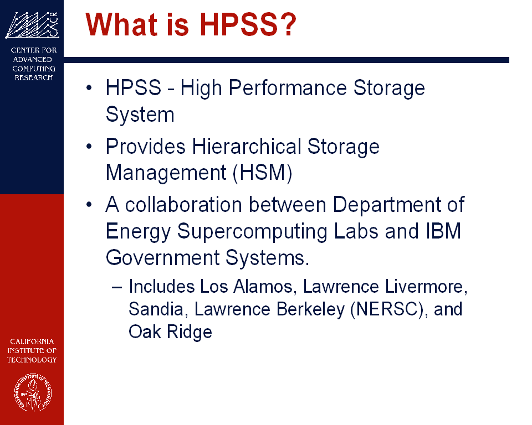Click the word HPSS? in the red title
tap(248, 24)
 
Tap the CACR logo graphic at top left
tap(32, 25)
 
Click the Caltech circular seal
tap(33, 392)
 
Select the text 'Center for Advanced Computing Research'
tap(34, 64)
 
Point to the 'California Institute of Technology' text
tap(32, 350)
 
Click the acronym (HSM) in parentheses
tap(262, 173)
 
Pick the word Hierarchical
tap(246, 147)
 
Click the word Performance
tap(288, 88)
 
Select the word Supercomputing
tap(252, 232)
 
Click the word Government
tap(163, 258)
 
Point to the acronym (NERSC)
tap(387, 309)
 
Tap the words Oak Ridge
tap(170, 332)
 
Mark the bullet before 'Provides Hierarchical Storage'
tap(89, 147)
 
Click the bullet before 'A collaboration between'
tap(89, 205)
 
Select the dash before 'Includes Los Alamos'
tap(117, 287)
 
